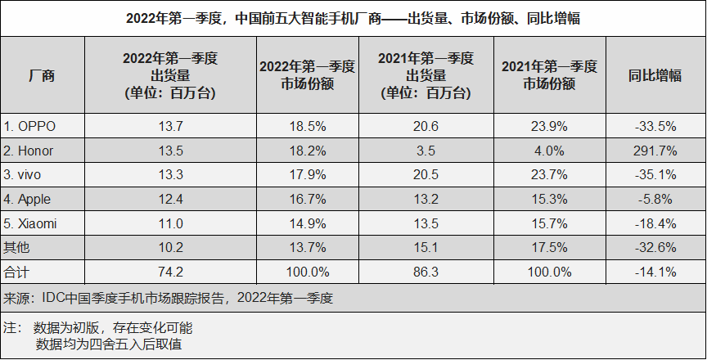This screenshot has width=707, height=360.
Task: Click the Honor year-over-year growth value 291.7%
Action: pyautogui.click(x=655, y=151)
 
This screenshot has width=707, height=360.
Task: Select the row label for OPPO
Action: pyautogui.click(x=31, y=127)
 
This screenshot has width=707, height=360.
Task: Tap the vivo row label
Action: pyautogui.click(x=25, y=175)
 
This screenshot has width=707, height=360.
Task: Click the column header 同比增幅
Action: pyautogui.click(x=655, y=75)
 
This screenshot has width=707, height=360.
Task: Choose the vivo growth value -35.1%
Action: pyautogui.click(x=655, y=175)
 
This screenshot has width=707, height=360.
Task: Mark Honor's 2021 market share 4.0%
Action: pyautogui.click(x=548, y=151)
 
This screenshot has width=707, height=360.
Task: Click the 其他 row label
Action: pyautogui.click(x=16, y=247)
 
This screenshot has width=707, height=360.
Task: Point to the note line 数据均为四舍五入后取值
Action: pyautogui.click(x=109, y=344)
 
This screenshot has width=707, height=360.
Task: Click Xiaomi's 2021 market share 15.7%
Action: pyautogui.click(x=548, y=223)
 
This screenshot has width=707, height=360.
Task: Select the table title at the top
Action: pyautogui.click(x=353, y=17)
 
